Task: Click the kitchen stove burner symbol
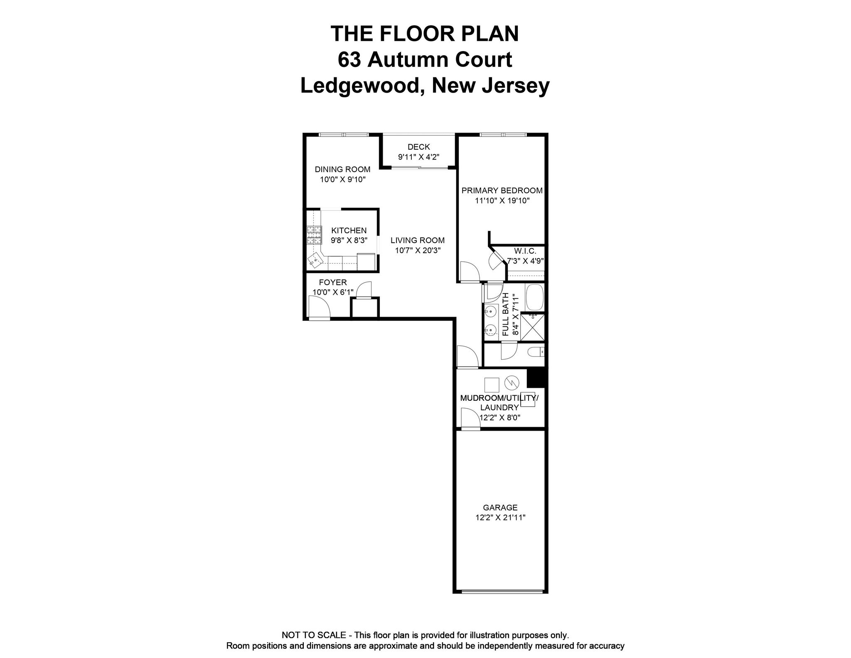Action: coord(314,234)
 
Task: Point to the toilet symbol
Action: coord(536,352)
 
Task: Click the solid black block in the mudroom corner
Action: coord(536,378)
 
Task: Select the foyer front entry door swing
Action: coord(319,308)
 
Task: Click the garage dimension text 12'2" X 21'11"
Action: coord(500,518)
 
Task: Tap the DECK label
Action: coord(419,147)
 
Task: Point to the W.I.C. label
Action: coord(525,251)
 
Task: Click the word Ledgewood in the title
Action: coord(360,86)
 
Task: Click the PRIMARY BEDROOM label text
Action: coord(502,191)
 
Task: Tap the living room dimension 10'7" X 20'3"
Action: coord(418,250)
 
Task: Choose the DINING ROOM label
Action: coord(342,169)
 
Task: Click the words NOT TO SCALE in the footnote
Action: coord(314,635)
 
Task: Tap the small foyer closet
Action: coord(365,308)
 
